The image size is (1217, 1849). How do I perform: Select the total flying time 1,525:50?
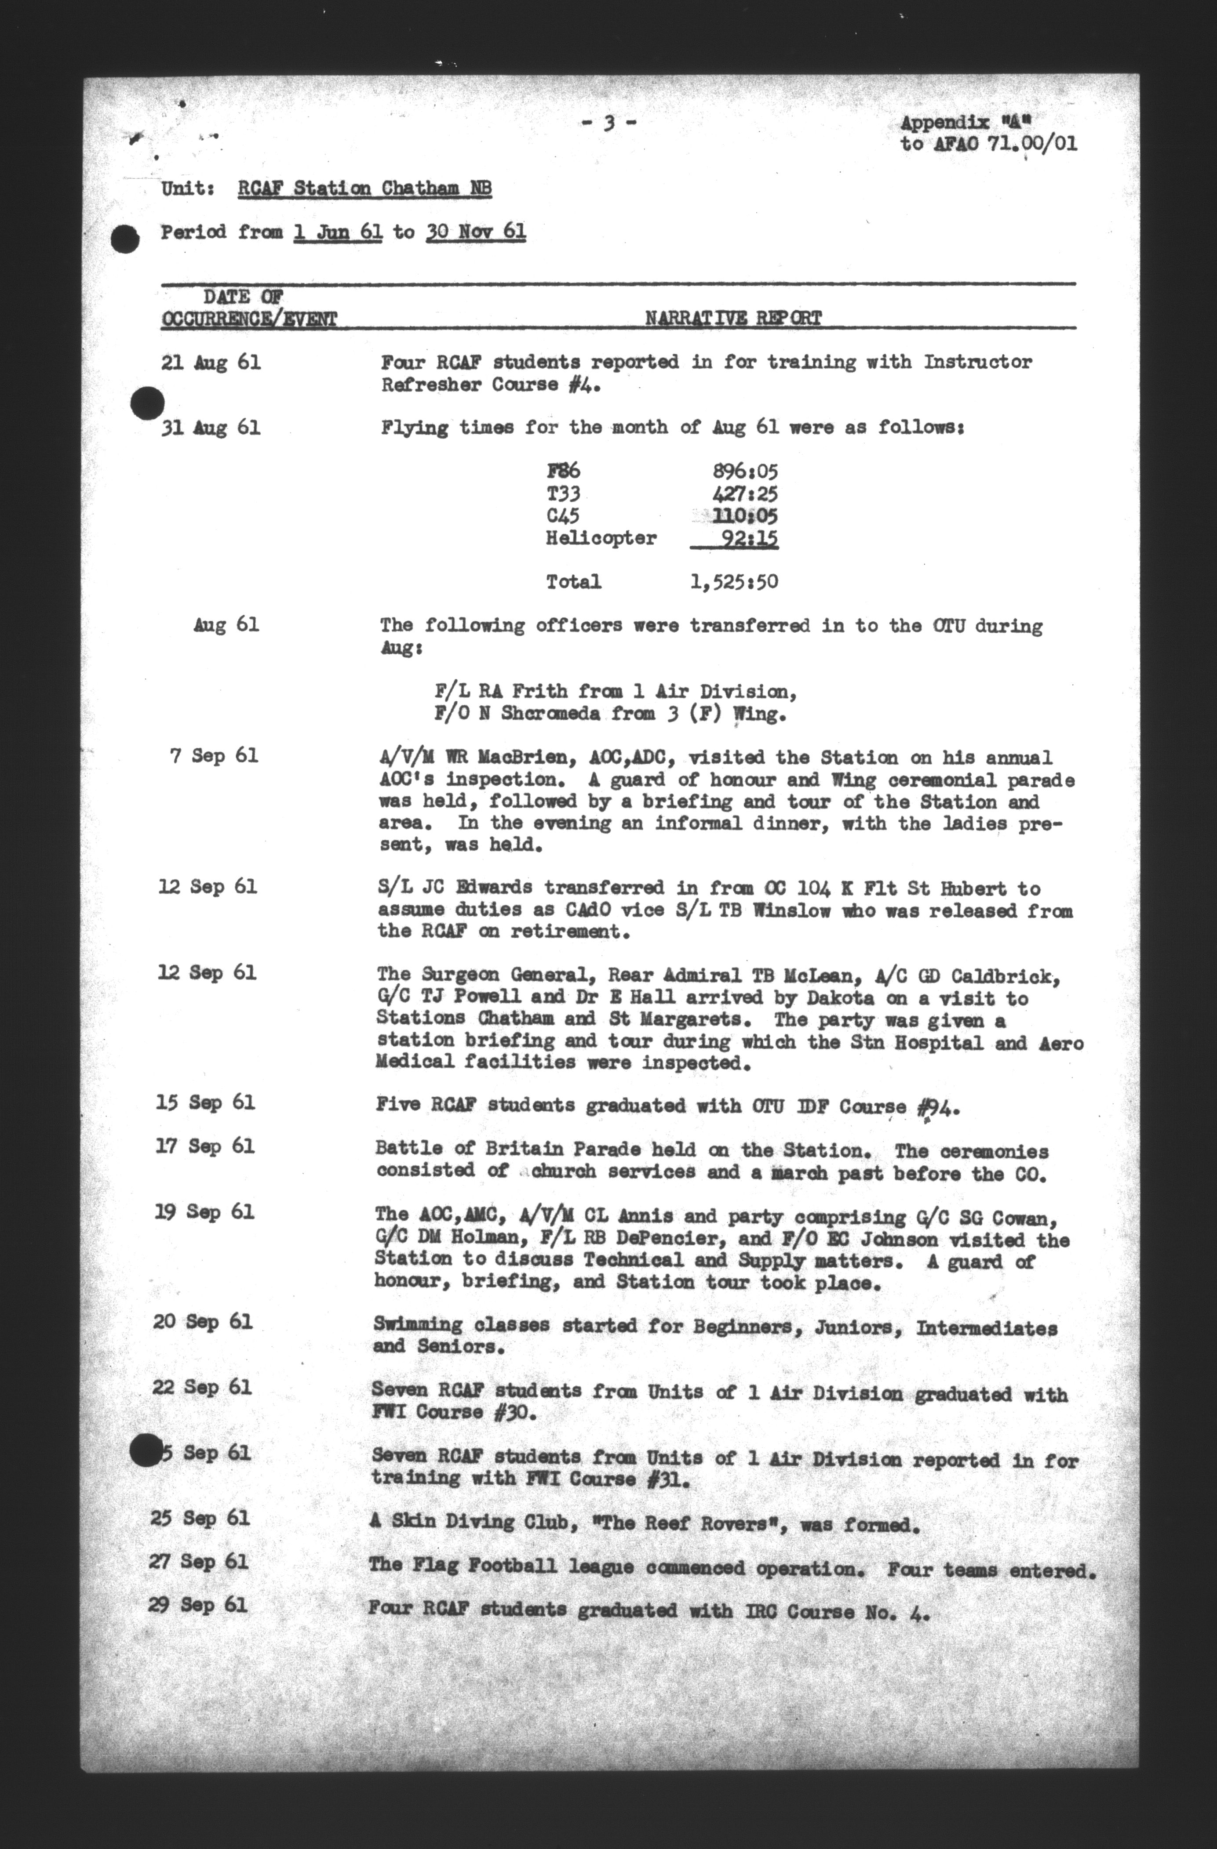point(734,582)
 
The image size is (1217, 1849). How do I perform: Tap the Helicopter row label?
point(601,538)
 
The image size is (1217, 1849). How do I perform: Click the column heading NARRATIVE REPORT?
point(733,318)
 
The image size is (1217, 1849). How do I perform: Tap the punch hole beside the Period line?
point(124,239)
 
